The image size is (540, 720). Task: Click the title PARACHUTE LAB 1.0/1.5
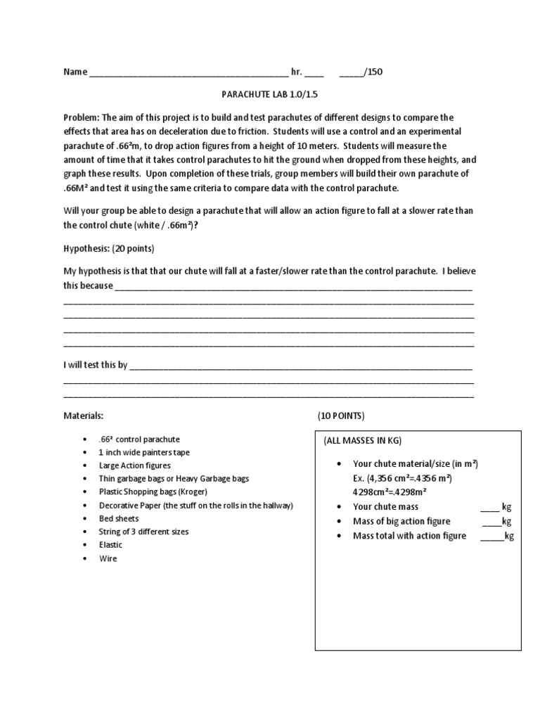[271, 92]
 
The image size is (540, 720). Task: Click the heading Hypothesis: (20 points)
[109, 249]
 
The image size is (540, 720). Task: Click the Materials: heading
[84, 416]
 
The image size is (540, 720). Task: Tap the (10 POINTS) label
[341, 416]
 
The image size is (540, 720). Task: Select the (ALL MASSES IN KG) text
[362, 440]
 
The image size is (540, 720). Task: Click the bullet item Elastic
[111, 545]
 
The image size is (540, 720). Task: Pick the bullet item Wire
[108, 558]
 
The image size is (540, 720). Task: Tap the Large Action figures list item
[135, 465]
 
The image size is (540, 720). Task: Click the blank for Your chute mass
[489, 508]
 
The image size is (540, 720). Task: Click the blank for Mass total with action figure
[491, 537]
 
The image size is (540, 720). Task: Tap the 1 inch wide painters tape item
[144, 452]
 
